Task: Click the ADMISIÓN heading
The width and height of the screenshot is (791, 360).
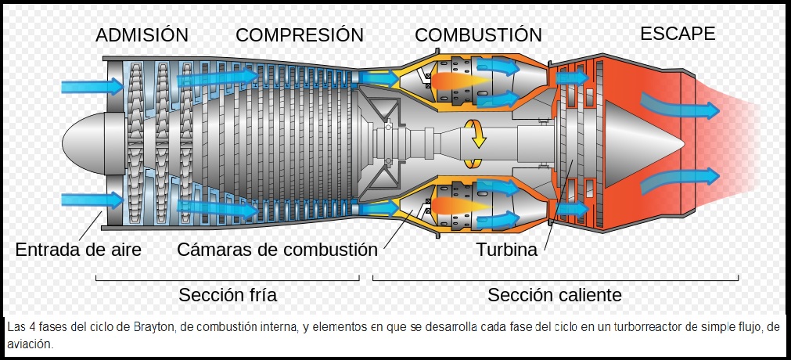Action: click(x=142, y=35)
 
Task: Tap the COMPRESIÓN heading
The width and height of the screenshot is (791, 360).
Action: click(x=300, y=35)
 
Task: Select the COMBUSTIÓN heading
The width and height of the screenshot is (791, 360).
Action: click(x=478, y=35)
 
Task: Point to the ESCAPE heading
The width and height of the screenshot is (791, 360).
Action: click(x=678, y=34)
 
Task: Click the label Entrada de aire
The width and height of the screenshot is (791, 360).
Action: click(x=78, y=250)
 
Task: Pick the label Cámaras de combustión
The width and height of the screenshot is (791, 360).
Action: click(x=277, y=250)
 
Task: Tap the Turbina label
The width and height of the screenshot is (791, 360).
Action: click(x=506, y=250)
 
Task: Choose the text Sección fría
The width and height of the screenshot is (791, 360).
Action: click(x=228, y=295)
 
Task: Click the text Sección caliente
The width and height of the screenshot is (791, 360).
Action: click(x=555, y=295)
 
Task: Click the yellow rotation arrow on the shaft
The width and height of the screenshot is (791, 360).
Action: click(x=474, y=142)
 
